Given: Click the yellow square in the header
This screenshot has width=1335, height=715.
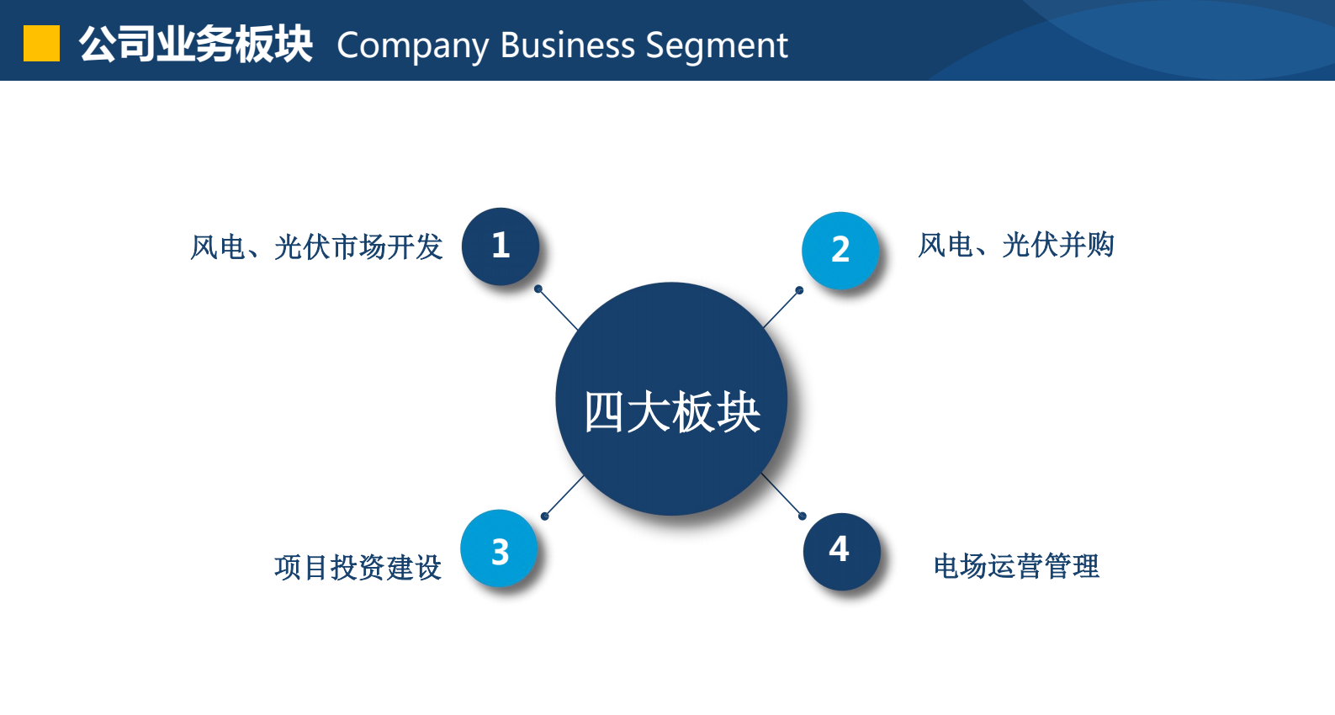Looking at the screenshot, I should (x=41, y=44).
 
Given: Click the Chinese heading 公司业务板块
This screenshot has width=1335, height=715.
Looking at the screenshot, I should (x=195, y=45).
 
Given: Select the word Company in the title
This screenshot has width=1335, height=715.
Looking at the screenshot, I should (x=412, y=46).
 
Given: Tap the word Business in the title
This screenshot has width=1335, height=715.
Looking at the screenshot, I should (x=568, y=45).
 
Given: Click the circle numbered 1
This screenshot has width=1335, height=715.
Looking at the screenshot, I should (x=501, y=246).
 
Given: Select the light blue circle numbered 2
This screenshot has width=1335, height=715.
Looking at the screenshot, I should (x=840, y=251).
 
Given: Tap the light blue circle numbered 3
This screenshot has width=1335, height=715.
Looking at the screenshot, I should (x=500, y=548).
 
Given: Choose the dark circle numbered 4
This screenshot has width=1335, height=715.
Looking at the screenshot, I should (x=841, y=552).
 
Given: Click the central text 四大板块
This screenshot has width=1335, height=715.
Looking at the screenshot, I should (x=672, y=412).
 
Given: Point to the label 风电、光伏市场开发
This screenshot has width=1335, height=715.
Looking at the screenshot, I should (x=316, y=247).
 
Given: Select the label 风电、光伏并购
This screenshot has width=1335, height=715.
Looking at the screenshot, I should (x=1016, y=245).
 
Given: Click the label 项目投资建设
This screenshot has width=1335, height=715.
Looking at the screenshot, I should (x=358, y=568).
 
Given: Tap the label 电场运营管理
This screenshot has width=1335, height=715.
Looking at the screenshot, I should (x=1016, y=566).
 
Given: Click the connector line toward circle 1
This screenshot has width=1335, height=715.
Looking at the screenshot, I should (x=558, y=309).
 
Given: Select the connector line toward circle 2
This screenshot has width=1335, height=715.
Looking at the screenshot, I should (x=781, y=309).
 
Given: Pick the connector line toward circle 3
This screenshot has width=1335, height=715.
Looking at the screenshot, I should (x=564, y=496).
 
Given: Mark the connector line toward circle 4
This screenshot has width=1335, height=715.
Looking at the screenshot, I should (x=782, y=495).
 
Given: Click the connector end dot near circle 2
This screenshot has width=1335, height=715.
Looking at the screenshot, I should (x=799, y=290).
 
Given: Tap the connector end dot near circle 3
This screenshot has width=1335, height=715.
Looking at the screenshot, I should (x=544, y=516).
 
